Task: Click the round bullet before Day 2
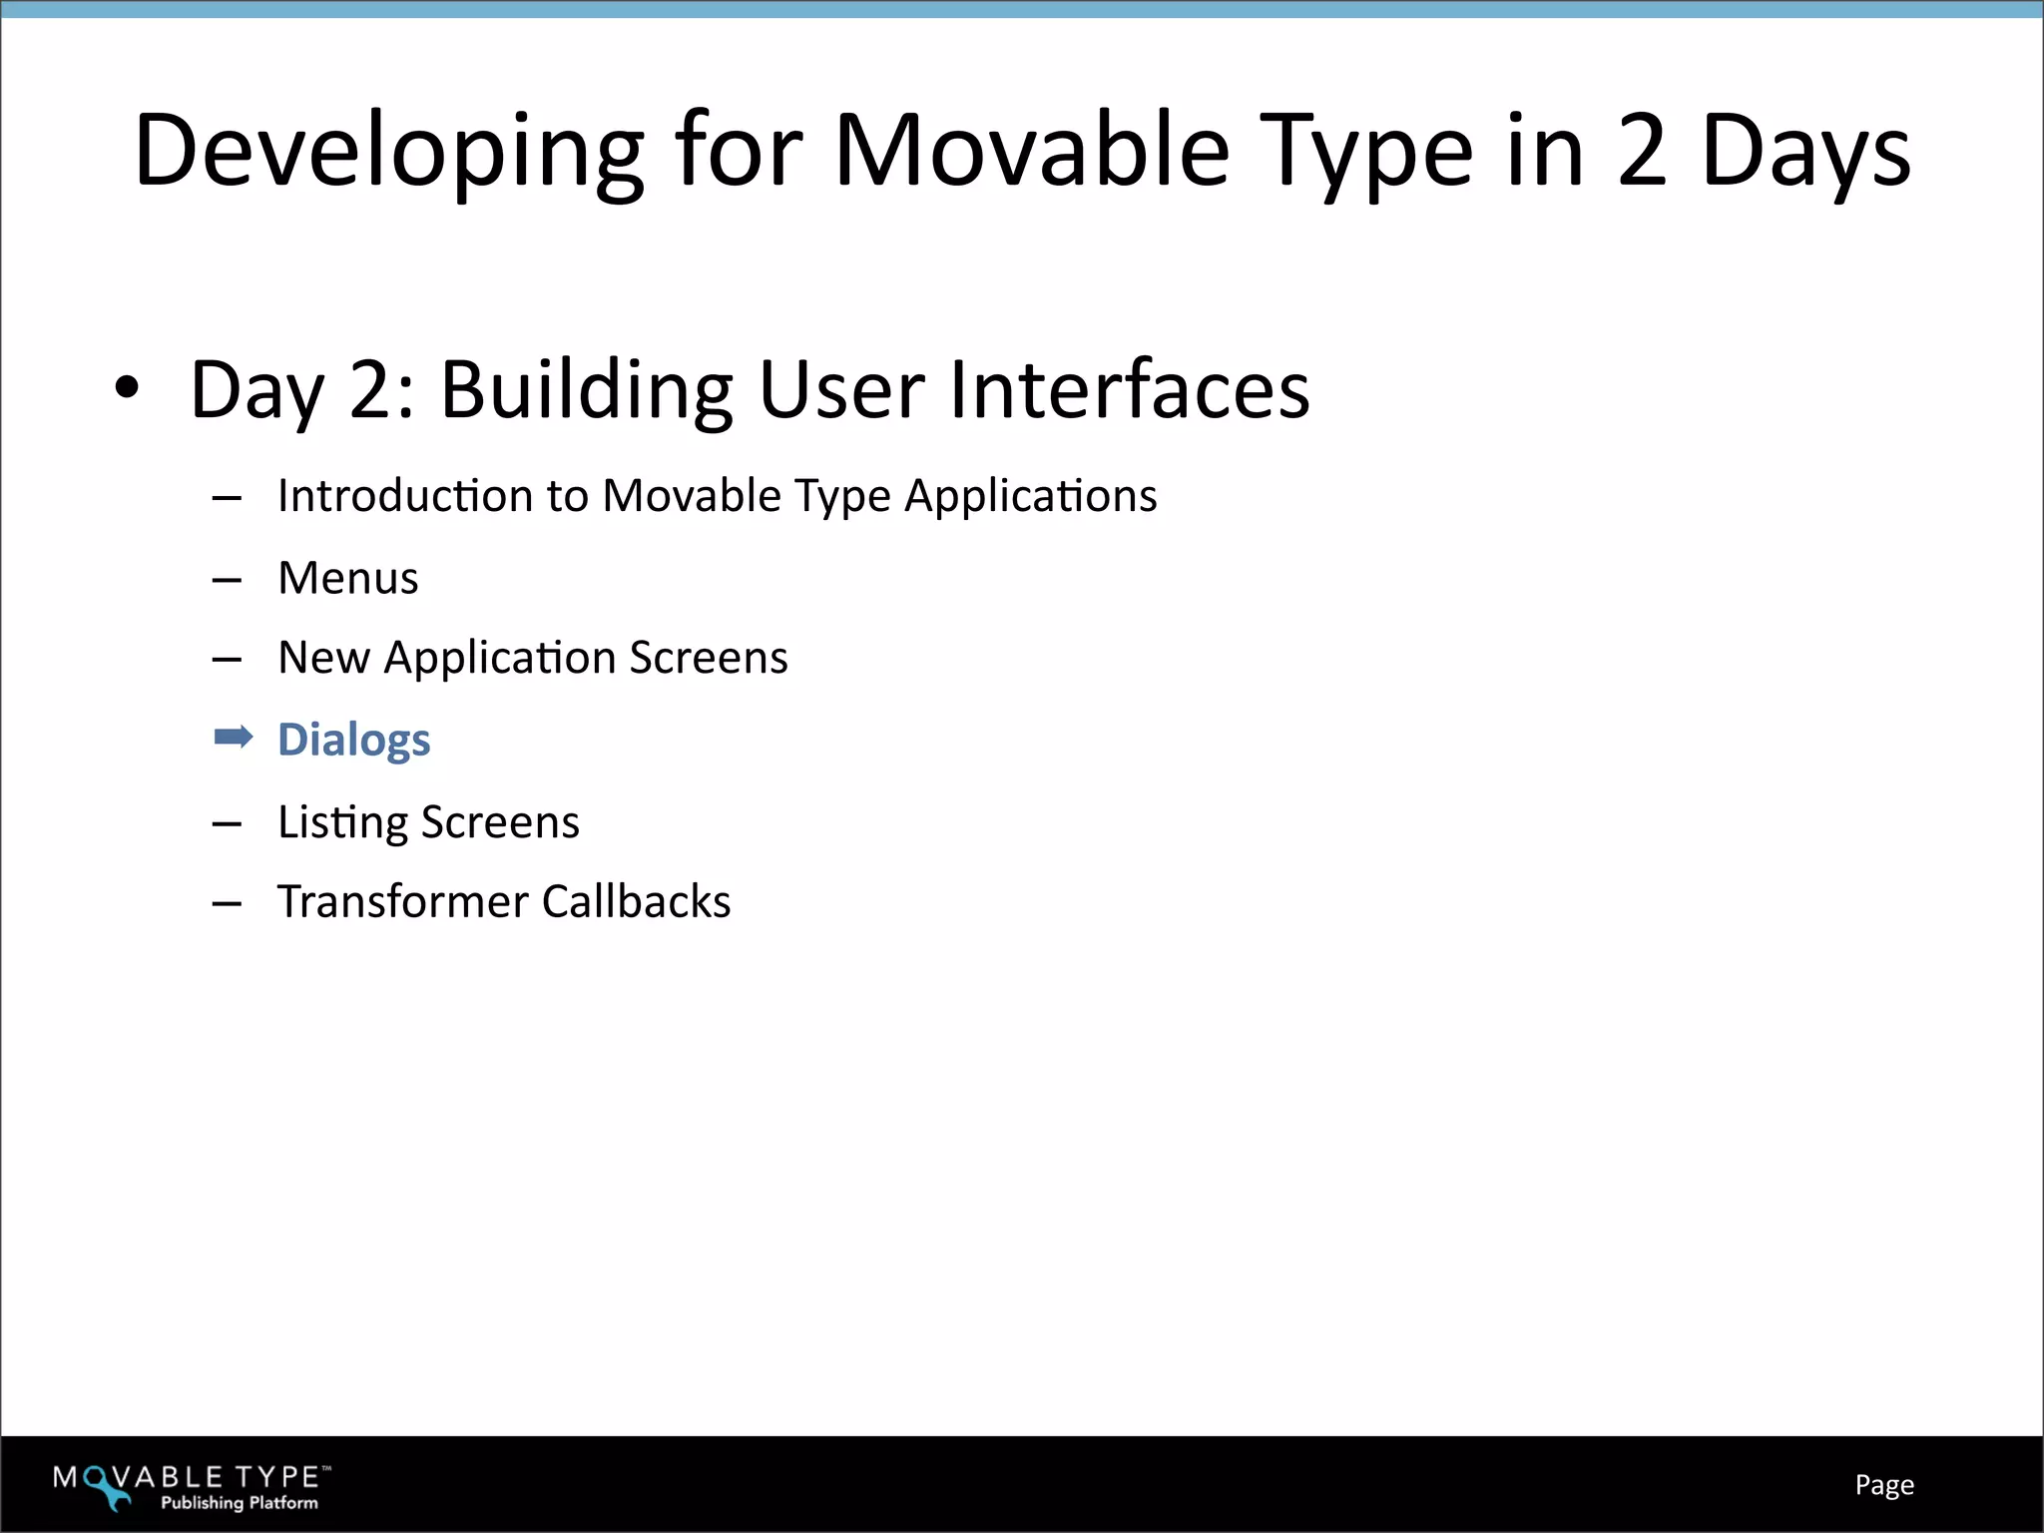pyautogui.click(x=126, y=389)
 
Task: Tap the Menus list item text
pyautogui.click(x=348, y=578)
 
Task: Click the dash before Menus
pyautogui.click(x=228, y=580)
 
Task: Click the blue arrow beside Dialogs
pyautogui.click(x=234, y=738)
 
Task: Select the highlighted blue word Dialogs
pyautogui.click(x=353, y=741)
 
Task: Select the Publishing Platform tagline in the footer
pyautogui.click(x=240, y=1503)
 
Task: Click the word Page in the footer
pyautogui.click(x=1883, y=1485)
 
